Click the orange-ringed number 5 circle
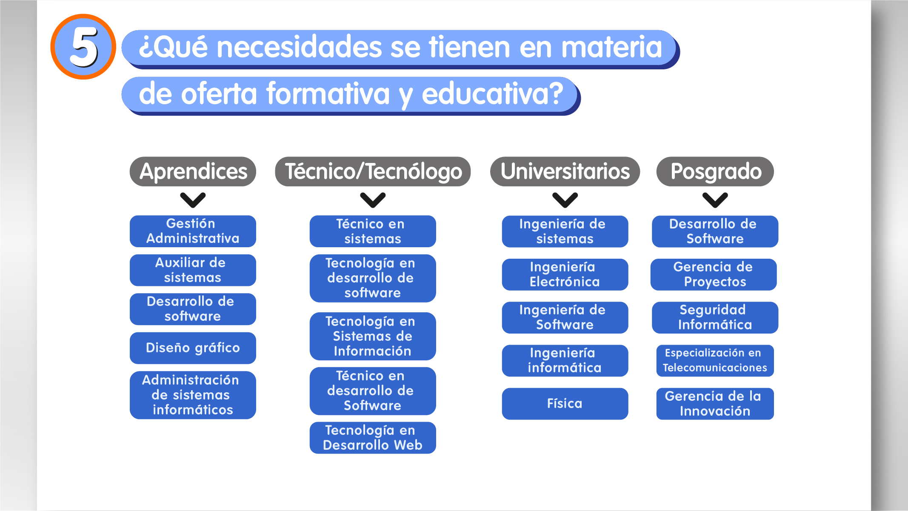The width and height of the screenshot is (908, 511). [x=83, y=47]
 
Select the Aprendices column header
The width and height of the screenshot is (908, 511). [x=193, y=171]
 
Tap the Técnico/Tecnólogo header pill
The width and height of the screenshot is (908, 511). [x=373, y=171]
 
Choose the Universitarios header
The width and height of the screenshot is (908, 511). [x=565, y=171]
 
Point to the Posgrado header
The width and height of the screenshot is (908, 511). [x=715, y=171]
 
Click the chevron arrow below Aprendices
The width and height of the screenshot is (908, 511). [x=193, y=200]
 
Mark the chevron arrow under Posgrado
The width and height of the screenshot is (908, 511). [x=715, y=200]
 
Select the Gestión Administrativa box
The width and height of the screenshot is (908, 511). [x=193, y=231]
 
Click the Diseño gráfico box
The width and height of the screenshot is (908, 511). [x=193, y=348]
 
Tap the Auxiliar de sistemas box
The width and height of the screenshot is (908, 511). [x=193, y=270]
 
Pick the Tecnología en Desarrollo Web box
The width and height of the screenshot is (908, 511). [x=373, y=438]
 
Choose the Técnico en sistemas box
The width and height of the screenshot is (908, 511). [x=373, y=231]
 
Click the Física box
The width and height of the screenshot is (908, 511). [x=565, y=403]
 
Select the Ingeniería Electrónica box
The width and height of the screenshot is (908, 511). [x=565, y=274]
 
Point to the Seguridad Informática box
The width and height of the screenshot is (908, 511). [x=715, y=317]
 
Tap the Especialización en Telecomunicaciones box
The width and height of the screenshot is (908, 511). [x=715, y=360]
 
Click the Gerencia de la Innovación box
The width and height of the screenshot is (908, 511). [x=715, y=403]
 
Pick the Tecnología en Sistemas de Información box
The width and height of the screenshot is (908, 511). [x=373, y=336]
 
